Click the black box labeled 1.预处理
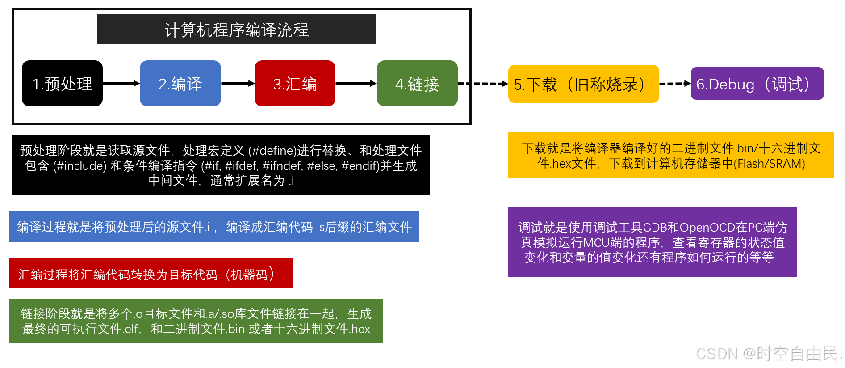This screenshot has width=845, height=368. click(62, 84)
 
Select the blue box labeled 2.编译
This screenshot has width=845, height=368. click(180, 84)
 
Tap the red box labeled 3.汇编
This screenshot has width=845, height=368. click(295, 84)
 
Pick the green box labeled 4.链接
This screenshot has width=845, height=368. click(417, 84)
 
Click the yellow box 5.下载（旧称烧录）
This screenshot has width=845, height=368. click(583, 84)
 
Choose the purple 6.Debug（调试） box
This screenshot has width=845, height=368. click(757, 84)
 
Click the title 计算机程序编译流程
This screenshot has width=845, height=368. click(236, 30)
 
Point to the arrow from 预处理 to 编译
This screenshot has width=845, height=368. click(121, 83)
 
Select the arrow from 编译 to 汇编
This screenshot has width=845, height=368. click(238, 83)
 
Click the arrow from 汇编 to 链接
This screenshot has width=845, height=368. click(356, 83)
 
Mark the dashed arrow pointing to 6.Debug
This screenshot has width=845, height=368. click(675, 84)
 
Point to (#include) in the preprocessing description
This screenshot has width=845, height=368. click(80, 166)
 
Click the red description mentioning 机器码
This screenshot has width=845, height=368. click(151, 273)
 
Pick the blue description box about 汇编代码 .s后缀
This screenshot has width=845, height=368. click(214, 227)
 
